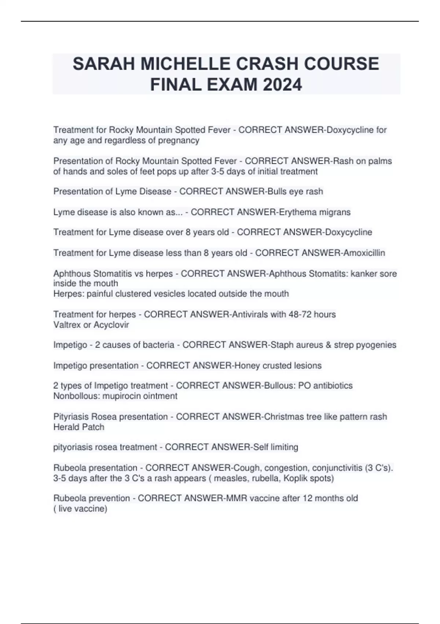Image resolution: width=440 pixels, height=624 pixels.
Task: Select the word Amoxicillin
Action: (x=364, y=253)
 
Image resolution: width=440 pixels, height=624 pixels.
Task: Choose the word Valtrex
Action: (x=66, y=325)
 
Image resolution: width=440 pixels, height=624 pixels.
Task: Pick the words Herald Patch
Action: (x=79, y=427)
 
